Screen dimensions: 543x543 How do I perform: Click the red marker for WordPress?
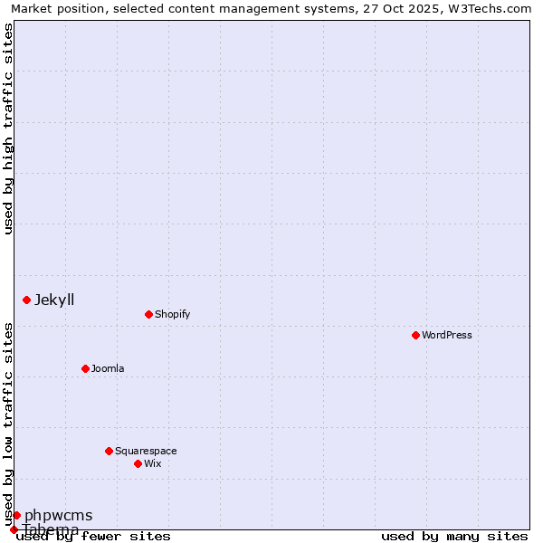coord(415,335)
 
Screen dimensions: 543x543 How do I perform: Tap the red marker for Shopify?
coord(148,314)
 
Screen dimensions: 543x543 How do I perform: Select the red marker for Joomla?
coord(85,368)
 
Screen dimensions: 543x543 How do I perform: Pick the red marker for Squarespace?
coord(109,451)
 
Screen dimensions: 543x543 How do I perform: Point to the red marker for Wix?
coord(138,463)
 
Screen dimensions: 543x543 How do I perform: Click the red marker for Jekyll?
coord(26,300)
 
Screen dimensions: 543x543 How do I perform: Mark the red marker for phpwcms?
coord(16,515)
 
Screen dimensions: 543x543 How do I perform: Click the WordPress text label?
coord(447,335)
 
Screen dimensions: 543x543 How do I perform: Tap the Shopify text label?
coord(172,314)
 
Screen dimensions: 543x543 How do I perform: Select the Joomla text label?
coord(108,368)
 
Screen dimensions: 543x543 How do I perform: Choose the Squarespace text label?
coord(146,451)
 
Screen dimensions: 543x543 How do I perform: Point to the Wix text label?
coord(153,463)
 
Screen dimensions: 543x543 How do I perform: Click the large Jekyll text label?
coord(54,300)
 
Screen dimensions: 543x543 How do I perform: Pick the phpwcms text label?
coord(58,515)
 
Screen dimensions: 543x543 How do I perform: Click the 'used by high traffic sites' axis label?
coord(8,129)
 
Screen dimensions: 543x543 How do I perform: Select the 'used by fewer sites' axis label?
coord(93,536)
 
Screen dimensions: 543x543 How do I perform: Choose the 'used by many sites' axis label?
coord(454,536)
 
